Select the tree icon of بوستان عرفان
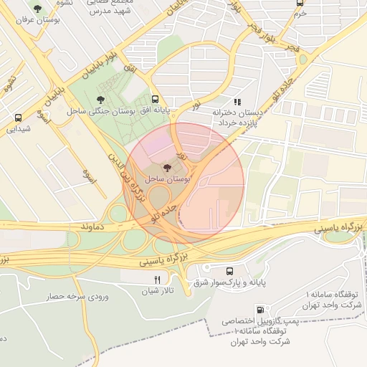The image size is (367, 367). (x=38, y=9)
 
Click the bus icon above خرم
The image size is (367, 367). (x=300, y=3)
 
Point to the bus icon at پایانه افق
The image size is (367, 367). (x=156, y=100)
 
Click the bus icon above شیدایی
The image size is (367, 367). (x=18, y=118)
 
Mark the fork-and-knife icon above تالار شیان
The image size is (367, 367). (x=157, y=279)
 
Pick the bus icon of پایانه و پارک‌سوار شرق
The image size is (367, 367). (x=229, y=271)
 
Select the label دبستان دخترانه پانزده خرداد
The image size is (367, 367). (x=237, y=118)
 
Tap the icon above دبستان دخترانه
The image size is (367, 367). (x=237, y=102)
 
